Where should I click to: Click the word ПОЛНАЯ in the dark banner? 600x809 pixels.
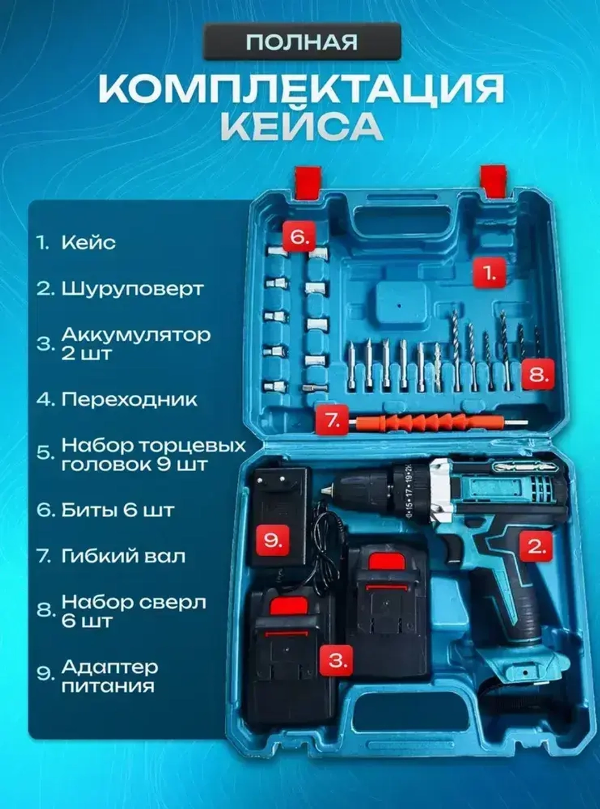[x=302, y=42]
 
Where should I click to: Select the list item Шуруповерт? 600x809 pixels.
[x=132, y=289]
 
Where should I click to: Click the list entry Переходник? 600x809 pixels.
[x=129, y=400]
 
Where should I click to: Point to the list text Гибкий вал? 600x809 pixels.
[x=123, y=556]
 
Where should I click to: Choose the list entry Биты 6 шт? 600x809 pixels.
[x=118, y=511]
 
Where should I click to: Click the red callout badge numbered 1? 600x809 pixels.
[x=489, y=272]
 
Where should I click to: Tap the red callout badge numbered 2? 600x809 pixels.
[x=536, y=547]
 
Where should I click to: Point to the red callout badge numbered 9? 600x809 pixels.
[x=272, y=540]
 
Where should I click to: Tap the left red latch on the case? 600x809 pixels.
[x=307, y=181]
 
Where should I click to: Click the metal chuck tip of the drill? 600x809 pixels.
[x=327, y=490]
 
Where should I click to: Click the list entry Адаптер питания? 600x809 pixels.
[x=108, y=676]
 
